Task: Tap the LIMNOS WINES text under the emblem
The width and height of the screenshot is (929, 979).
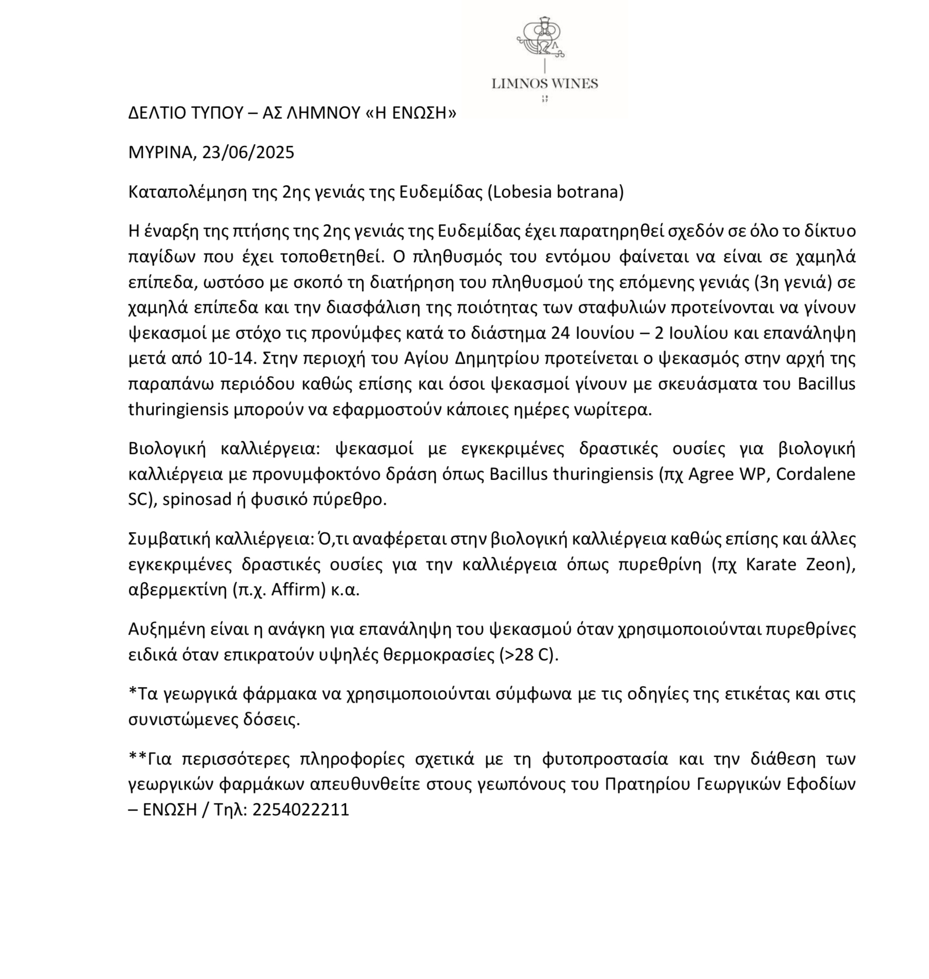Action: [544, 83]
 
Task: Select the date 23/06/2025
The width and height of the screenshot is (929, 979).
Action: [248, 152]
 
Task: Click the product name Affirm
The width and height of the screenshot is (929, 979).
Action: [298, 590]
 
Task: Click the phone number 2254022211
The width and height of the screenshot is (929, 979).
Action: [301, 810]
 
